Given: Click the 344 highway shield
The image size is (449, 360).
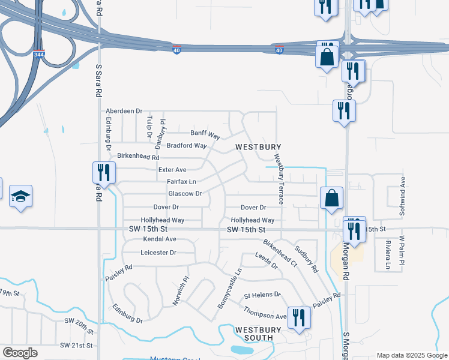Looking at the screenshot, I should tap(38, 55).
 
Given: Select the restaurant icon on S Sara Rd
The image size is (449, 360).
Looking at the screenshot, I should tap(103, 173).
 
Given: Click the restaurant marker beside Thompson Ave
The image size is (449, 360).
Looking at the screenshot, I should tap(298, 318).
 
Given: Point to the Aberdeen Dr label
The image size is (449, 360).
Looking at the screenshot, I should tap(124, 111).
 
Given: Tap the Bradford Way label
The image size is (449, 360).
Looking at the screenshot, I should tap(187, 145).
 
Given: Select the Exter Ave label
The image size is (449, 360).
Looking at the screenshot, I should tap(172, 170).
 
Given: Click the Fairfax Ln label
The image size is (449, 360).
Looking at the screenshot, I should tap(181, 181).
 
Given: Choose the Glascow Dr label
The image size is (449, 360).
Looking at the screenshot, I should tap(185, 193).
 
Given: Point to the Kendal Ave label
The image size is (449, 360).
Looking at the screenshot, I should tap(160, 239).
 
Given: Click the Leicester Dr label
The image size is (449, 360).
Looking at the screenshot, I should tap(158, 253).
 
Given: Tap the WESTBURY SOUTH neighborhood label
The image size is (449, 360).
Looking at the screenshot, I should tap(259, 334).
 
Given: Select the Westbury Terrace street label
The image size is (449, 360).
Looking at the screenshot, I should tap(279, 179).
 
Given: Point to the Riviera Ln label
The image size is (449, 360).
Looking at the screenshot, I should tap(388, 255).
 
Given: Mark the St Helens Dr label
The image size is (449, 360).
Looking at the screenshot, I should tap(262, 295).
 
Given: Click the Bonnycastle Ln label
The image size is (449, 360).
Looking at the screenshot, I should tap(229, 289).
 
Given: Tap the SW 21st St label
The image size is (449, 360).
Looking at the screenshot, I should tap(77, 346).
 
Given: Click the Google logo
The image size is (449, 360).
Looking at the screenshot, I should tap(20, 353).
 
